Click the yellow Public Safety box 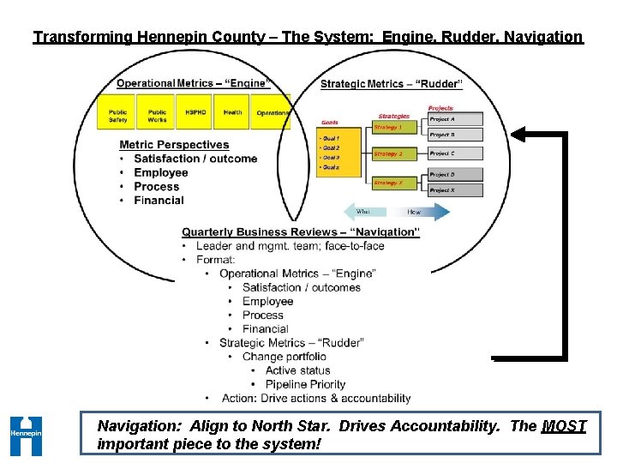pos(118,116)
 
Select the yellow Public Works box pos(157,116)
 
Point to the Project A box pos(454,120)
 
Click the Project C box pos(454,153)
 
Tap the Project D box pos(454,175)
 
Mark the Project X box pos(454,189)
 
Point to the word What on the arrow pos(362,212)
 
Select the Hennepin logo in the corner pos(26,435)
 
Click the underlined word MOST pos(564,426)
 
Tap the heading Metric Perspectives pos(174,145)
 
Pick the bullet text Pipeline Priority pos(305,384)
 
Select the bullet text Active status pos(297,370)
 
